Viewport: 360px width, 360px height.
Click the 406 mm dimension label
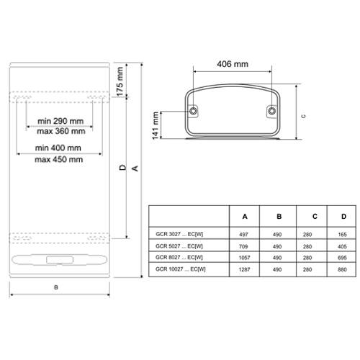pyautogui.click(x=233, y=64)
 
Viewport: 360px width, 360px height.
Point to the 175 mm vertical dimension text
pyautogui.click(x=120, y=81)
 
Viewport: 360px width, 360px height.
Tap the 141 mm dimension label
pyautogui.click(x=156, y=125)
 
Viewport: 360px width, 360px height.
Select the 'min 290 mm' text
pyautogui.click(x=60, y=121)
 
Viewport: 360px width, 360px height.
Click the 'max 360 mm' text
pyautogui.click(x=61, y=131)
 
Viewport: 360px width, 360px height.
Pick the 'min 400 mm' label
pyautogui.click(x=58, y=148)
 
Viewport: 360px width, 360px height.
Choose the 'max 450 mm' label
pyautogui.click(x=59, y=159)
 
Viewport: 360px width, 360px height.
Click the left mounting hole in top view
pyautogui.click(x=193, y=111)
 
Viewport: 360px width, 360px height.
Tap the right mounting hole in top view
pyautogui.click(x=271, y=111)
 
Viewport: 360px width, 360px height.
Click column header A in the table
pyautogui.click(x=245, y=217)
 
